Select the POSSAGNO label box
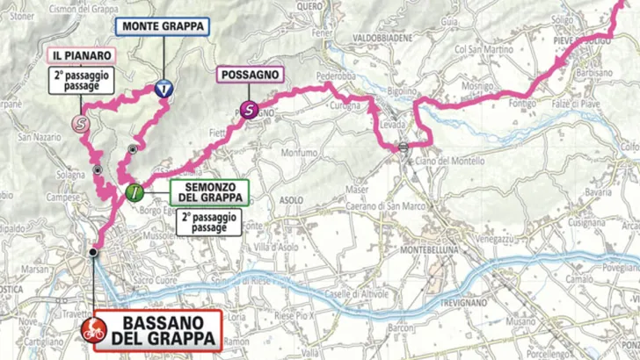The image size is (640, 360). click(250, 76)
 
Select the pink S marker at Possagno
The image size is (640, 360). click(248, 110)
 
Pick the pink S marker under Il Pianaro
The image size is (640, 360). click(82, 124)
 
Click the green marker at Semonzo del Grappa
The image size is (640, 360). click(133, 192)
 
